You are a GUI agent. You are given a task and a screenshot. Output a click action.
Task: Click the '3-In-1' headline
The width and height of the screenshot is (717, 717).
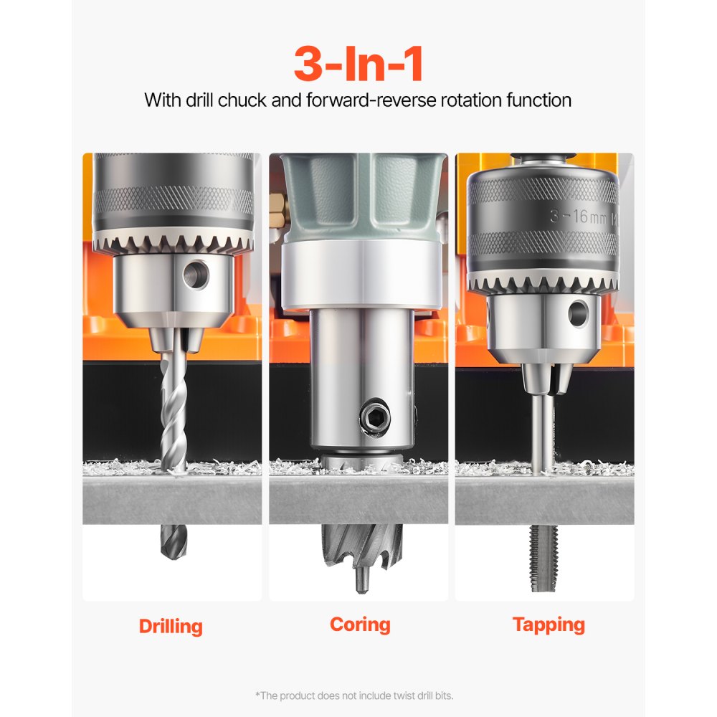coord(358,65)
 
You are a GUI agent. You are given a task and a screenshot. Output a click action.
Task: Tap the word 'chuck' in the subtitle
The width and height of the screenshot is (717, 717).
coord(242,100)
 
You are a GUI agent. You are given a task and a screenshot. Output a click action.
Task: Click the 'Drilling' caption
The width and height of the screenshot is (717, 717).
coord(171,626)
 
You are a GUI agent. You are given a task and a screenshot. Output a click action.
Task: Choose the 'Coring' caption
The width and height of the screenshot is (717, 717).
coord(360,624)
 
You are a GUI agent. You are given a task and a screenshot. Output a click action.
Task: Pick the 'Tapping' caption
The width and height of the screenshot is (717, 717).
coord(549,624)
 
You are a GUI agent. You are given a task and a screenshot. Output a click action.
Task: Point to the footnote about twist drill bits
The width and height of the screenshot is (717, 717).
coord(354,695)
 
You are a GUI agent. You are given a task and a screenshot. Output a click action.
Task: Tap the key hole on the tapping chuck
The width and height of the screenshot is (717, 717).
coord(578,313)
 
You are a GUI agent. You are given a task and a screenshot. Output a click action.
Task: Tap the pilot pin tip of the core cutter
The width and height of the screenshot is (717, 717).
coord(361,580)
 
